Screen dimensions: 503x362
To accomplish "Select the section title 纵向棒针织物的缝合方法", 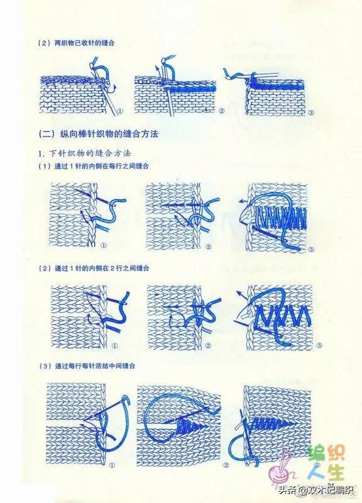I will coord(101,135).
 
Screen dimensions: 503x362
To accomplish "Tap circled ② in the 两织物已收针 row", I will coord(221,111).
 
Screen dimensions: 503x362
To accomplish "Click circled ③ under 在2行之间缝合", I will coord(319,345).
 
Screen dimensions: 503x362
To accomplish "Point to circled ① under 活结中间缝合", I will coord(111,466).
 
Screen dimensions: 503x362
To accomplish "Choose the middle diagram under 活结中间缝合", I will coord(179,424).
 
